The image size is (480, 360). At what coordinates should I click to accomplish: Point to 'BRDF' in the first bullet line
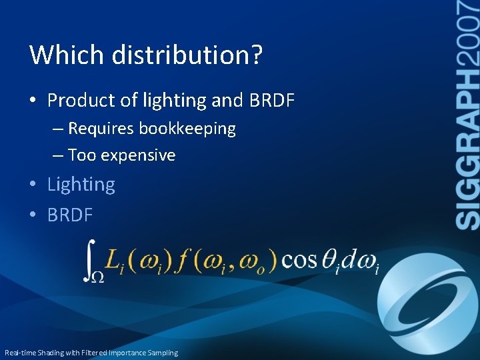coord(271,101)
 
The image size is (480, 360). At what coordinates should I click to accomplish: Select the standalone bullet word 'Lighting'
coord(81,185)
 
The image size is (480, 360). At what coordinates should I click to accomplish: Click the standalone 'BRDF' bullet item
coord(70,215)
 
